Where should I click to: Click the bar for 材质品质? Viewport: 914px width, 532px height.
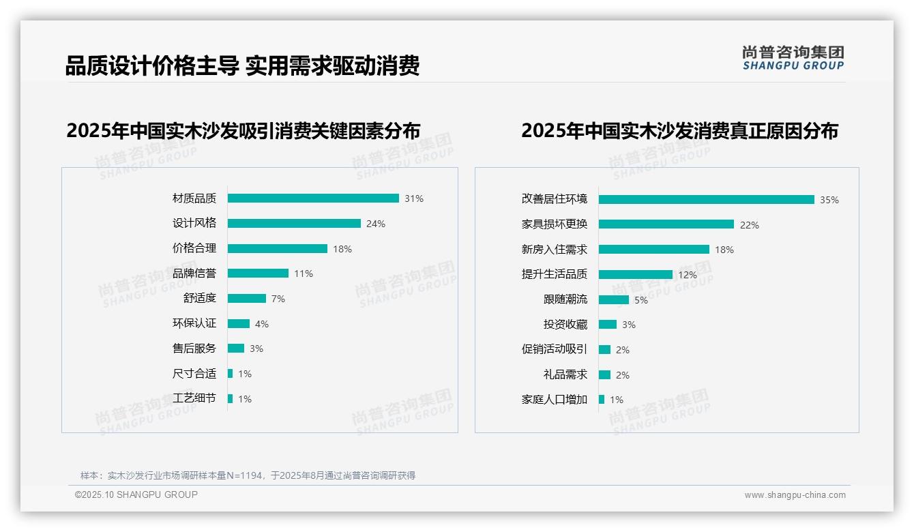313,198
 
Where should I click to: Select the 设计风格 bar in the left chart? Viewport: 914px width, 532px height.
294,224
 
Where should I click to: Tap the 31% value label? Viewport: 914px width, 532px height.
414,198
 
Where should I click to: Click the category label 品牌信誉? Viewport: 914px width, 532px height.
194,274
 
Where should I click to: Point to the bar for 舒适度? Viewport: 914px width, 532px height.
247,299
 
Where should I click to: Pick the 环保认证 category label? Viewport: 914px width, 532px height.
194,323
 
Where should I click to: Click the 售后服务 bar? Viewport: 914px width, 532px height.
236,349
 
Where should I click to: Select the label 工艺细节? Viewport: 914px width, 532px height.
194,398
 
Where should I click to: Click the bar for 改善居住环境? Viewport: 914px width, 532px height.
707,200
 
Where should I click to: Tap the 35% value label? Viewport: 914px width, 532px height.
829,200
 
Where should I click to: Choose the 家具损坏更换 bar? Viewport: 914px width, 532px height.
666,224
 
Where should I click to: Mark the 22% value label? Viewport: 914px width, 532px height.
750,225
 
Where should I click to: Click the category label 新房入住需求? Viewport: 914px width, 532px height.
555,250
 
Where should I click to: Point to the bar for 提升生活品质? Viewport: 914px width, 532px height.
636,275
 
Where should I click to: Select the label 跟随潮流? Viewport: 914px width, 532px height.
565,299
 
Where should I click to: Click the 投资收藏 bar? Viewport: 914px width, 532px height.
608,325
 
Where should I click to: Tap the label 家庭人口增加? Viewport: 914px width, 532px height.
555,400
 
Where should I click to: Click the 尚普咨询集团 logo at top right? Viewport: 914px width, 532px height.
793,58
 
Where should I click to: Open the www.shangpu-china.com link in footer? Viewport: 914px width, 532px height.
795,495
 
